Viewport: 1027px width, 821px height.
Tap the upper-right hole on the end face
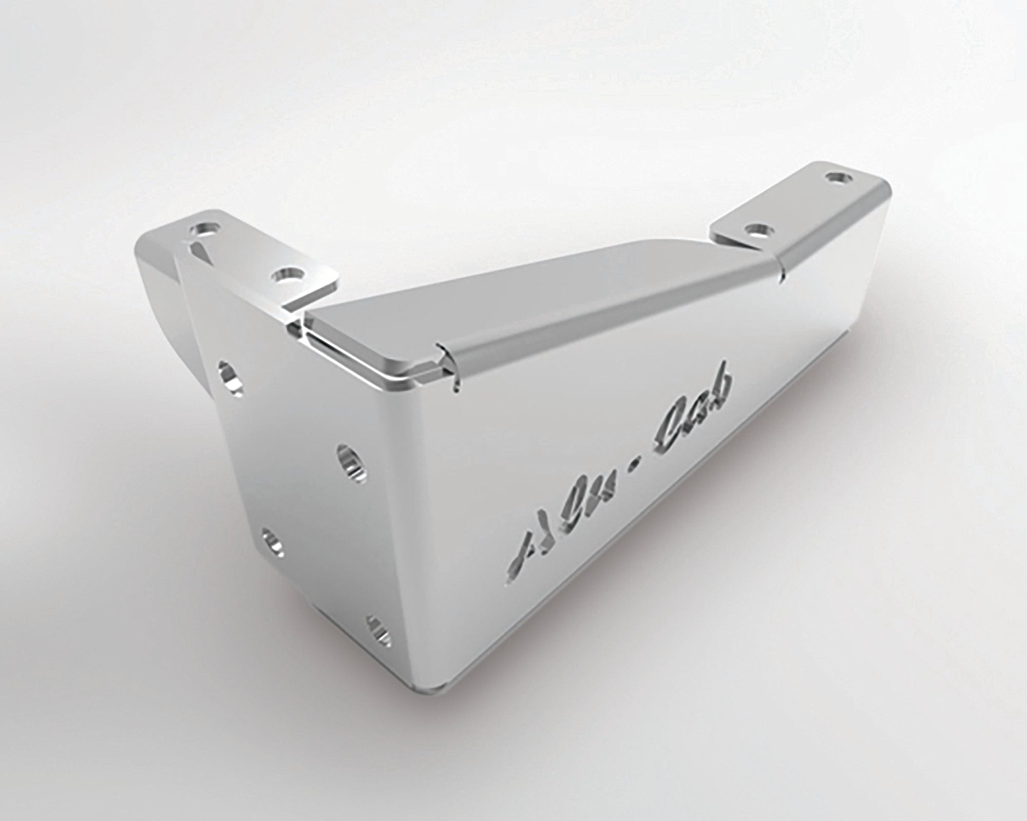tap(350, 460)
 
